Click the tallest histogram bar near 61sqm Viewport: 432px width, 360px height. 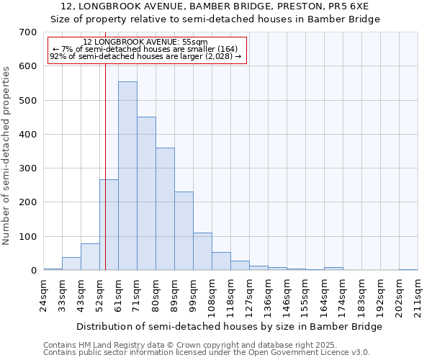pyautogui.click(x=127, y=176)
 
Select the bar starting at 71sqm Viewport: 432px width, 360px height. pyautogui.click(x=146, y=194)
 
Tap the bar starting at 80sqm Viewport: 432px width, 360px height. pyautogui.click(x=165, y=210)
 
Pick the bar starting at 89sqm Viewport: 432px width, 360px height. pyautogui.click(x=184, y=231)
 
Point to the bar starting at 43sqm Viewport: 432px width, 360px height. pyautogui.click(x=90, y=257)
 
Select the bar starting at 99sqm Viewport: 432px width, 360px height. pyautogui.click(x=202, y=251)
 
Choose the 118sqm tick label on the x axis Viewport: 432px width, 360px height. pyautogui.click(x=230, y=295)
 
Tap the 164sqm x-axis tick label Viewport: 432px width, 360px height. pyautogui.click(x=324, y=295)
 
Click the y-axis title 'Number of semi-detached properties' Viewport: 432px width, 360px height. pyautogui.click(x=7, y=155)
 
